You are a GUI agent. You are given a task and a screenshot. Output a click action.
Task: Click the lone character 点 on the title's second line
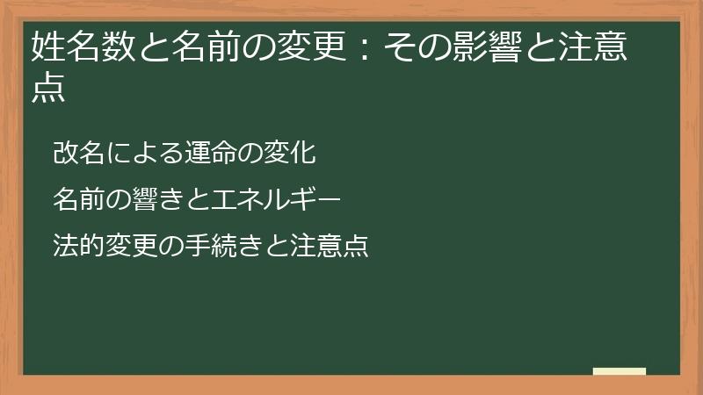pos(48,89)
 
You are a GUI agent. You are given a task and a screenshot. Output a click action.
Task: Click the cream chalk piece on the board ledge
pos(620,371)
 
